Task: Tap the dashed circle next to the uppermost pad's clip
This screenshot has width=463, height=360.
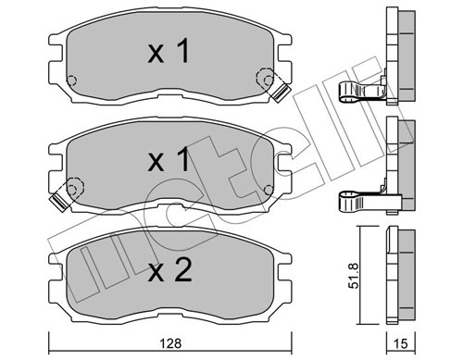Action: [x=266, y=78]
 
